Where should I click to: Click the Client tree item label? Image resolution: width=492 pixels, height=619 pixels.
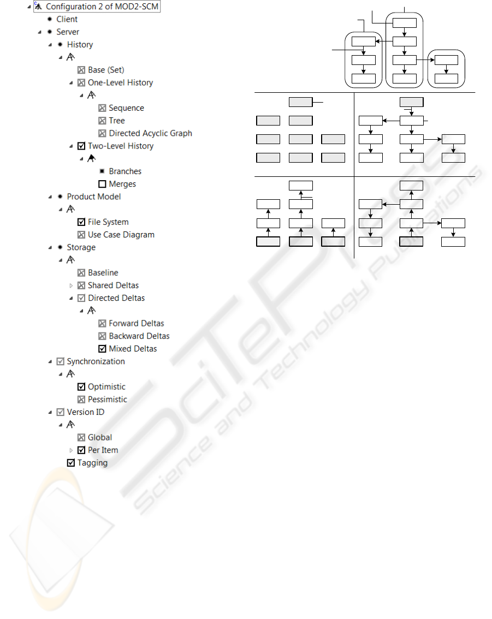tap(67, 19)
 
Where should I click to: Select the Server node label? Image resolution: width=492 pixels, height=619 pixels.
tap(68, 32)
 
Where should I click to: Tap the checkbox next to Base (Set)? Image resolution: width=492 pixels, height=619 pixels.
tap(81, 70)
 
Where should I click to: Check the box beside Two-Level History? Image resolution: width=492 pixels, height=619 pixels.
tap(81, 146)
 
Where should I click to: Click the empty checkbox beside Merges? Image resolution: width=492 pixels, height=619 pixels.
tap(102, 184)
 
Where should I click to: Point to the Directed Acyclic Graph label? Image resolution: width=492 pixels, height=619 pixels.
tap(151, 133)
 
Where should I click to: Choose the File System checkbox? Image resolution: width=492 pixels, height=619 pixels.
tap(81, 222)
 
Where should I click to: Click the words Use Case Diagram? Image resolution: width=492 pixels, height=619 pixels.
tap(121, 235)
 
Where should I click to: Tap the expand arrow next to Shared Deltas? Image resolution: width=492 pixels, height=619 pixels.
tap(71, 285)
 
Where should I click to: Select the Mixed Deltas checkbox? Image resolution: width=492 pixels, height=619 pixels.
tap(102, 349)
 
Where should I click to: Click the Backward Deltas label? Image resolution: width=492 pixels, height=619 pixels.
tap(139, 336)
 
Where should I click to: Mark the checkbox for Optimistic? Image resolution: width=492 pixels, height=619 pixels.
tap(81, 386)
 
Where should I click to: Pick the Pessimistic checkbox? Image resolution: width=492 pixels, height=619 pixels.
tap(81, 399)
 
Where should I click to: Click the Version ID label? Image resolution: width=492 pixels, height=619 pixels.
tap(86, 412)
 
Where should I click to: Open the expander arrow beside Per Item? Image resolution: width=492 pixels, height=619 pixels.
tap(71, 450)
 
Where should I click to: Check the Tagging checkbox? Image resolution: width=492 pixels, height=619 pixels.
tap(71, 463)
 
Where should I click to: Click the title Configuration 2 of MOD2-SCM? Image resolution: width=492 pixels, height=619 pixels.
tap(102, 7)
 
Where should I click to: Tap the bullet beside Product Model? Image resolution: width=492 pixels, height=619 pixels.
tap(60, 196)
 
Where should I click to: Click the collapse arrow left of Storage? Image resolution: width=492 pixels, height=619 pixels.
tap(50, 247)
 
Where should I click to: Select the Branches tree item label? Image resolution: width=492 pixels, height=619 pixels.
tap(125, 171)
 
